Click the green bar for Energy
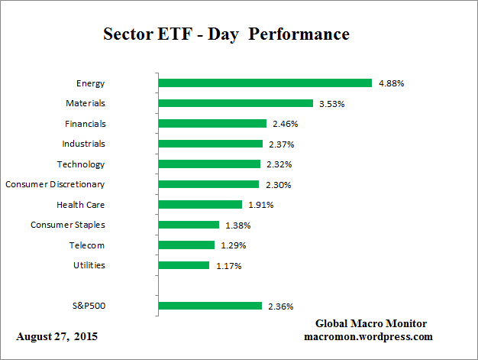tap(264, 83)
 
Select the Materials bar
tap(235, 103)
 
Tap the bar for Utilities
tap(183, 265)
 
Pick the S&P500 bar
tap(210, 306)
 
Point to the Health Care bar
tap(200, 205)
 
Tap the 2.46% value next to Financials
tap(283, 124)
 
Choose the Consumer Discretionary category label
tap(55, 184)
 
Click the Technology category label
tap(81, 164)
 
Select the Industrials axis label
tap(83, 144)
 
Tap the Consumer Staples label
tap(68, 225)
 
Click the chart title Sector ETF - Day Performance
tap(226, 35)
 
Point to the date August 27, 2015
tap(57, 336)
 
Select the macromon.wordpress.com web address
tap(368, 336)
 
